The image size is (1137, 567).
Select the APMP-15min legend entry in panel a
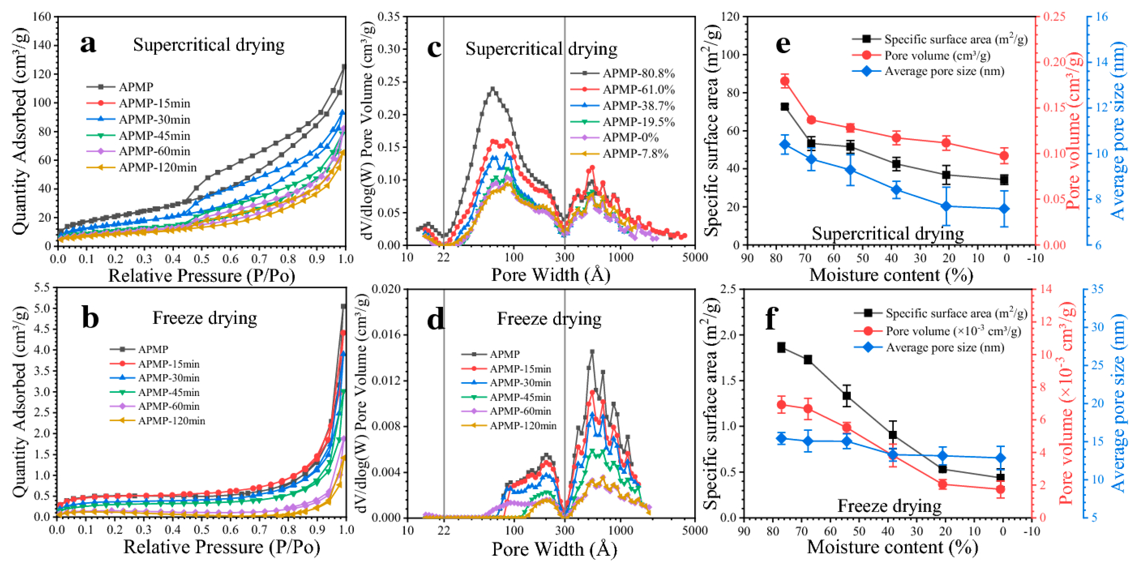click(154, 103)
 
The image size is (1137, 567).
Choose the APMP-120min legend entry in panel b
click(171, 421)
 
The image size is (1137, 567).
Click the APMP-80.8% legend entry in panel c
click(638, 73)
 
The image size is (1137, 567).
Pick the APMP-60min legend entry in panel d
click(520, 411)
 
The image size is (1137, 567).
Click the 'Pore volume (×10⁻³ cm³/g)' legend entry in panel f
click(953, 331)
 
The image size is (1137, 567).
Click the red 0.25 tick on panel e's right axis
click(1054, 17)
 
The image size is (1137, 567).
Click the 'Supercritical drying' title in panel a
click(209, 45)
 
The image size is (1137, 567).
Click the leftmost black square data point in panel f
click(781, 347)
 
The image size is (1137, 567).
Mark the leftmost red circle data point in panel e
click(785, 81)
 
